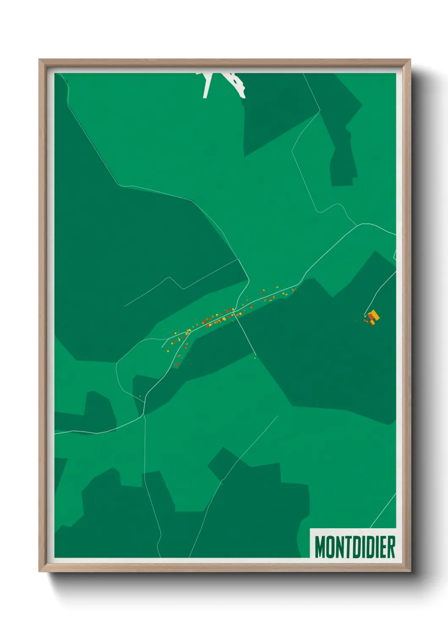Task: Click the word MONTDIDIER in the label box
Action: point(355,547)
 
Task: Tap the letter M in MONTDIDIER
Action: point(320,547)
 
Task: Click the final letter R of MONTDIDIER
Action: point(391,547)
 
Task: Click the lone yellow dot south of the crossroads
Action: point(255,358)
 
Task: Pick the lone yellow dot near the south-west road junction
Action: point(140,397)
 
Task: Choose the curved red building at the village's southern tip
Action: point(177,363)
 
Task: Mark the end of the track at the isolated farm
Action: point(365,314)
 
